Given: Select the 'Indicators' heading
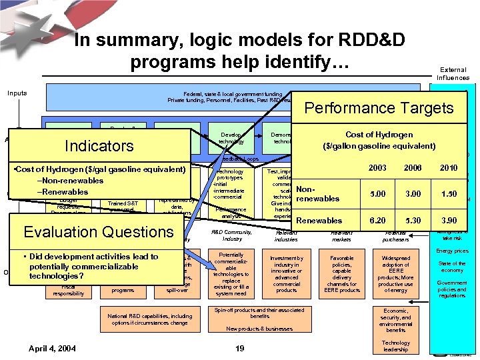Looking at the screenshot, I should [x=99, y=145].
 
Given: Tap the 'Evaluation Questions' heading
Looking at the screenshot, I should [x=98, y=231].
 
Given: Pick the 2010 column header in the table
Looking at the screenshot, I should [x=449, y=168].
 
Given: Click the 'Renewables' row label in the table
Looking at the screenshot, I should [x=319, y=221].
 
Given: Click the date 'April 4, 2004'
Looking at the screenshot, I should [x=52, y=348].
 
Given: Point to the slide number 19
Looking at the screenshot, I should [x=241, y=348].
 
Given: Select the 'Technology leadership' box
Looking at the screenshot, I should [x=395, y=346].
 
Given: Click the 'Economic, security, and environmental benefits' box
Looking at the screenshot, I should [x=395, y=320].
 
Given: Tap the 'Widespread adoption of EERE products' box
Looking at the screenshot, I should [x=395, y=273].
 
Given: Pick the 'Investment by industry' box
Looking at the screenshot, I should [x=286, y=273].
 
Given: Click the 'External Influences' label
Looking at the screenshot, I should [x=453, y=73].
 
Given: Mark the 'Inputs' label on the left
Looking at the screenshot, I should [x=17, y=93].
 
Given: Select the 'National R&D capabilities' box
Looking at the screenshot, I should [x=149, y=319].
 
